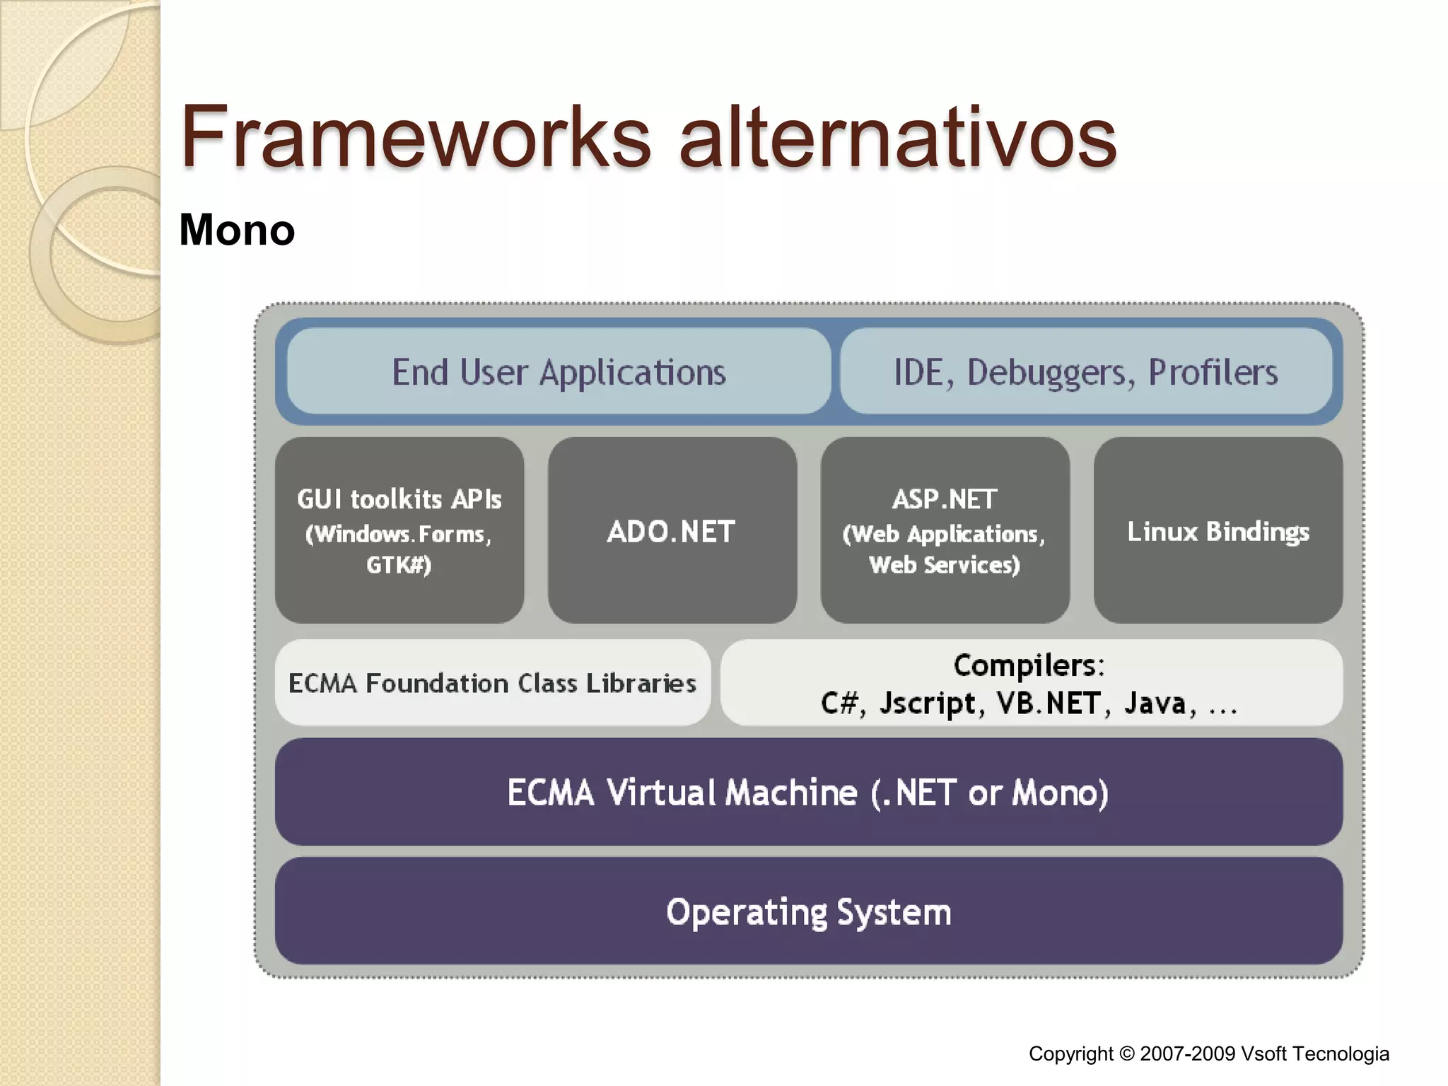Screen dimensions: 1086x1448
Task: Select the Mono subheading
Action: (x=237, y=230)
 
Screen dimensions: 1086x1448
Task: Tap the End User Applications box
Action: (x=559, y=372)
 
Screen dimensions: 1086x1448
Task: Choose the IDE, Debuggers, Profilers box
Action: (x=1086, y=372)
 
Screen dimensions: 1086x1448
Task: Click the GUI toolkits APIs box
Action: (x=399, y=530)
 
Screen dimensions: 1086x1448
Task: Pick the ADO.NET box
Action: (x=672, y=531)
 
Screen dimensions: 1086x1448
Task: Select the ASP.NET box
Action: (x=945, y=530)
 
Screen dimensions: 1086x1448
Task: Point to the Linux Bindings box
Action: (x=1218, y=531)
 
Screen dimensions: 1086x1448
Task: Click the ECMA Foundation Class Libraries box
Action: (x=492, y=683)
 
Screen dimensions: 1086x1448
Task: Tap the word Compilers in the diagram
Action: (x=1027, y=665)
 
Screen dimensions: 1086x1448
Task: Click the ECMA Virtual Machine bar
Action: (x=808, y=792)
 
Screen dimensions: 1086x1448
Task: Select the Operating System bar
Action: (x=808, y=911)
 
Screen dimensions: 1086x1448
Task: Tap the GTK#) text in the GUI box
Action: (x=399, y=565)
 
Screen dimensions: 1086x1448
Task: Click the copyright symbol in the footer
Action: (x=1126, y=1054)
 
